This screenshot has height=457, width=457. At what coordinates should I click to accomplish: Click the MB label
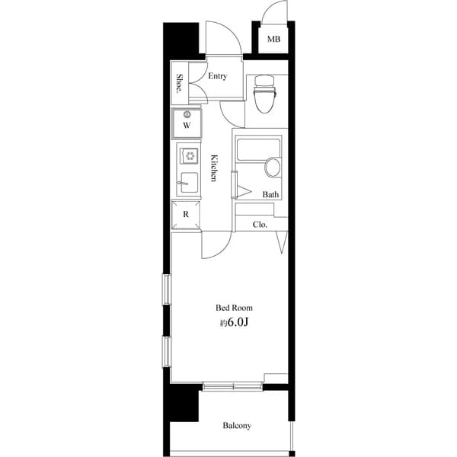(273, 39)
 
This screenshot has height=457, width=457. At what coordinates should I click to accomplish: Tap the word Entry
(218, 75)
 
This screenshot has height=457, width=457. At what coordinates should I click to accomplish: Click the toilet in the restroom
(264, 93)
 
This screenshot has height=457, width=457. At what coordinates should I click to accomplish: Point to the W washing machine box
(187, 124)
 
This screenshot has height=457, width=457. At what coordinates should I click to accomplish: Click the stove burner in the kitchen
(187, 155)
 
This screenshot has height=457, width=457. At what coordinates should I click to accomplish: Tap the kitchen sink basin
(188, 183)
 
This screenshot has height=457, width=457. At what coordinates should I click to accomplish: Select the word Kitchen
(215, 168)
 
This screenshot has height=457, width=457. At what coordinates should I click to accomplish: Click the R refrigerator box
(186, 215)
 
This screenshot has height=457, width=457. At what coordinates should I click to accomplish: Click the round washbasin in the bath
(273, 168)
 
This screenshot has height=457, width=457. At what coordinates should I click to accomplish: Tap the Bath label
(270, 195)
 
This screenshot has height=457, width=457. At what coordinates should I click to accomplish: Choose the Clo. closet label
(260, 225)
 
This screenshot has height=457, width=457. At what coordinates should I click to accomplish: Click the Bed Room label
(234, 308)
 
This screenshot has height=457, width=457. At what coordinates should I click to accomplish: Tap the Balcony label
(237, 426)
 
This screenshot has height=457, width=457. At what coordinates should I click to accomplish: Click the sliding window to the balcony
(233, 386)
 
